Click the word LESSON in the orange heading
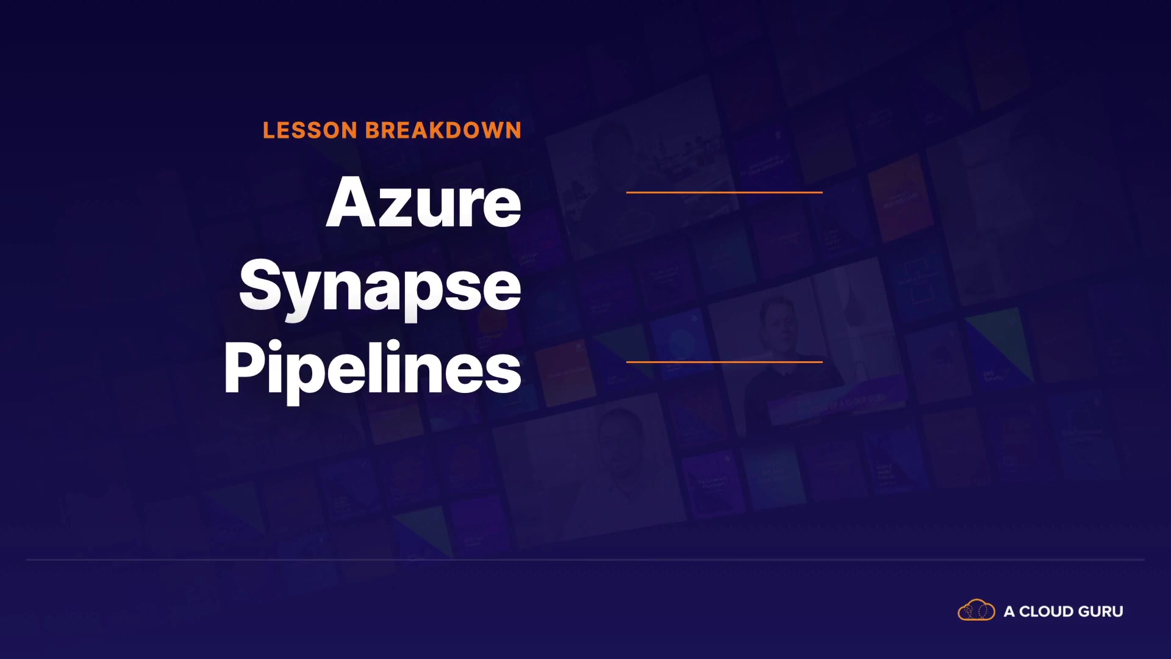(310, 131)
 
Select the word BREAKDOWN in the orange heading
(443, 131)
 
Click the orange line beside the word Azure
(725, 192)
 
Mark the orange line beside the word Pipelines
(725, 362)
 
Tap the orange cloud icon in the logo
(976, 610)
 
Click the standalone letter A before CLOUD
(1009, 611)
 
